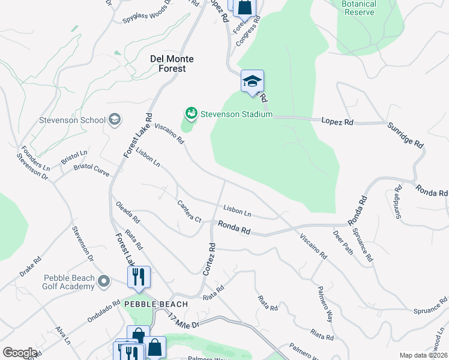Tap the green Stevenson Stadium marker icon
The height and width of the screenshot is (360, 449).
191,113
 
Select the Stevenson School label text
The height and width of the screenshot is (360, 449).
72,120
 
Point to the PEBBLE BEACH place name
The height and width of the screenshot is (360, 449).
156,304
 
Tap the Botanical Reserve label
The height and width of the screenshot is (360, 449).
358,8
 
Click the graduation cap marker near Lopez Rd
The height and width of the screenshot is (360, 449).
252,81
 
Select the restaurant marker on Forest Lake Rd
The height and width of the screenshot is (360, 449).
139,277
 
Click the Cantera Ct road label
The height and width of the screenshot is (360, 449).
189,211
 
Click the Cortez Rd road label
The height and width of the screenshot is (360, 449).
209,259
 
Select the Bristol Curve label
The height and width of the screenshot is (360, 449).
92,169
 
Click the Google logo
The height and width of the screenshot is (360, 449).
20,353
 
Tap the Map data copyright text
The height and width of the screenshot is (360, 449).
423,355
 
